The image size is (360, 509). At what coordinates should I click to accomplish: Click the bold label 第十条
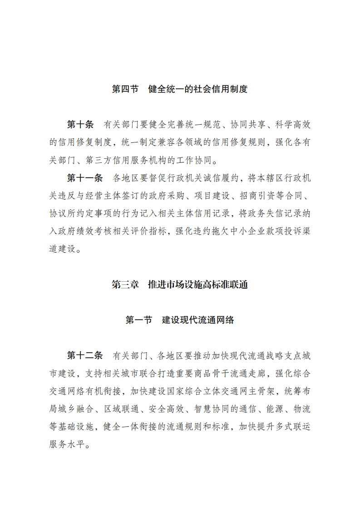point(80,124)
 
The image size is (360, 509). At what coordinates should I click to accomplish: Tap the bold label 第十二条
point(85,354)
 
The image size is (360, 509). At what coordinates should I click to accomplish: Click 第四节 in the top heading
point(125,89)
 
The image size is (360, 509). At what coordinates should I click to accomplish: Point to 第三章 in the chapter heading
point(125,285)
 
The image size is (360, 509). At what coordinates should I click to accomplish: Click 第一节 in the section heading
point(138,320)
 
